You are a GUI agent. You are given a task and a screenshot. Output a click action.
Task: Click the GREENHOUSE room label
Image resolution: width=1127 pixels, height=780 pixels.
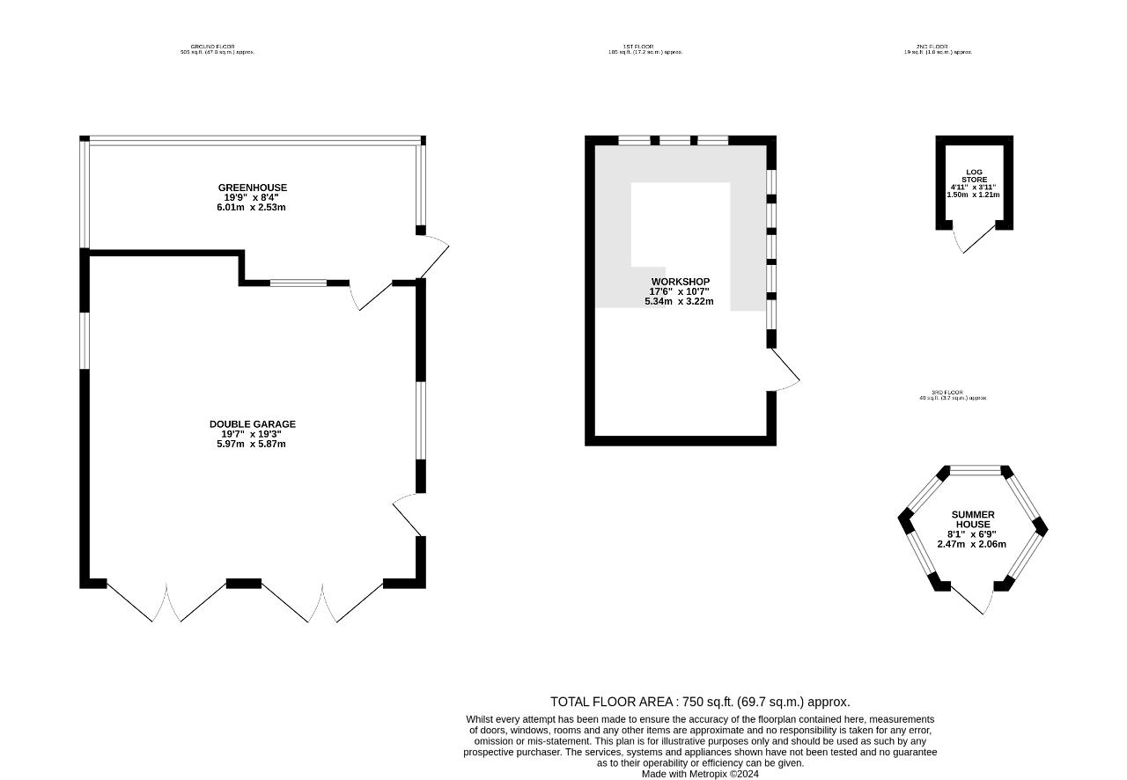(253, 188)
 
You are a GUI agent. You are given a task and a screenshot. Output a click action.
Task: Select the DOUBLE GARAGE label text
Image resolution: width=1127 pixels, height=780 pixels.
(253, 424)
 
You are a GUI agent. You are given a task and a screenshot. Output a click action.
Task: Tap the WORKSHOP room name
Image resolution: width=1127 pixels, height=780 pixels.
(681, 282)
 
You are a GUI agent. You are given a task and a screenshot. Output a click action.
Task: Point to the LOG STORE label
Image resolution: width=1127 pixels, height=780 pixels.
(974, 176)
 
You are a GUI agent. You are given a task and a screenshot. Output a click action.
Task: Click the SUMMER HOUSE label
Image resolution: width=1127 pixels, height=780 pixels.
(973, 519)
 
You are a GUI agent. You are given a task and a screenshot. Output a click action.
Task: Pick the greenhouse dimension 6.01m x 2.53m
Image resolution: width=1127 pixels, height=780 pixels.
(252, 208)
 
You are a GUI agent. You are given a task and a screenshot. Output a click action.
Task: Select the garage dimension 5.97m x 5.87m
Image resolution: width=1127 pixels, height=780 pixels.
(252, 444)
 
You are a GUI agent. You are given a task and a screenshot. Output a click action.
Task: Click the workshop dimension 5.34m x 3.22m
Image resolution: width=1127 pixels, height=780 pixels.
(681, 301)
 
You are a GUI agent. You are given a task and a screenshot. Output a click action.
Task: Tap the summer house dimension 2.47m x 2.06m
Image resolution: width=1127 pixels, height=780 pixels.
(972, 544)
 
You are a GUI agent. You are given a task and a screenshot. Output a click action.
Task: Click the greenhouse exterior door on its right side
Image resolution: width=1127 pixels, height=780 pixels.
(433, 255)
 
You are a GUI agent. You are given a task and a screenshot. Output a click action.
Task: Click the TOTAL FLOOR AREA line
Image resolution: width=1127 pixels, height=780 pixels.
(700, 702)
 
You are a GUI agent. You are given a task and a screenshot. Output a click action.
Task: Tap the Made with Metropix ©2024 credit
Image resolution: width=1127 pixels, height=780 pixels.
(700, 774)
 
